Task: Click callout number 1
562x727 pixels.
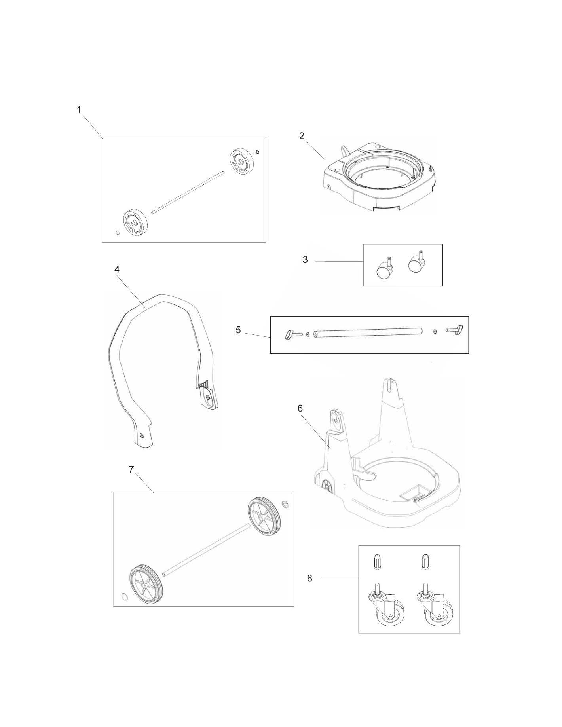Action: pos(79,110)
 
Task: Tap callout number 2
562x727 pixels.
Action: pos(302,136)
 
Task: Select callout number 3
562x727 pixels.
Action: pos(305,260)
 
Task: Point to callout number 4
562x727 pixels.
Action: pos(117,269)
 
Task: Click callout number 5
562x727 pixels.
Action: pos(238,330)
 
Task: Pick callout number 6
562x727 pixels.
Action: pos(300,408)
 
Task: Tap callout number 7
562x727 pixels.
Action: pos(131,469)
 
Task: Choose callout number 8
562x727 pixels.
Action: pos(309,578)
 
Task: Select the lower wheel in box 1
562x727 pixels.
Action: pos(135,223)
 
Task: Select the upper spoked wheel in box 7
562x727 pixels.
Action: pos(264,517)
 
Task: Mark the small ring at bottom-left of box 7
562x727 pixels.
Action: pos(124,596)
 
